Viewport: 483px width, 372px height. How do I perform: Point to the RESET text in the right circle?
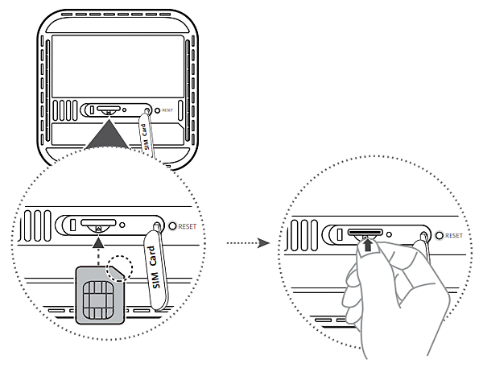click(454, 235)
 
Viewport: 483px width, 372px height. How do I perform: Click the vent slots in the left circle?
click(37, 226)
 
